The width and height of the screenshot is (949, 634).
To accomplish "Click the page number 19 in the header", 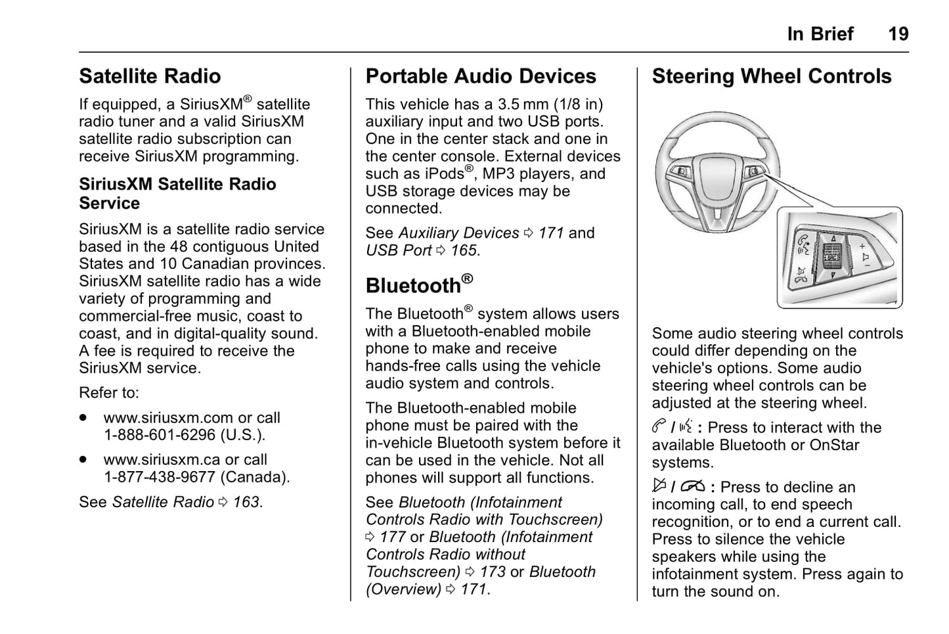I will pos(898,34).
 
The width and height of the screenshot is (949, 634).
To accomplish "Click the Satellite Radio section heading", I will pos(150,76).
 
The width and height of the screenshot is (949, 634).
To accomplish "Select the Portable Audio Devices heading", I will pos(481,76).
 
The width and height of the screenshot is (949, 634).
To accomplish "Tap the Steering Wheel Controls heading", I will pos(772,76).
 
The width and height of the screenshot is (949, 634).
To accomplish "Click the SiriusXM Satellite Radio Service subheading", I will pos(177,193).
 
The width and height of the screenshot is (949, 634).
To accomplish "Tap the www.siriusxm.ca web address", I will pos(162,460).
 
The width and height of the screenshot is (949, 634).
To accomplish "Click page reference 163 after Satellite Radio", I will pos(246,502).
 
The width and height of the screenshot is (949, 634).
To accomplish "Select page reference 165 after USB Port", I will pos(464,250).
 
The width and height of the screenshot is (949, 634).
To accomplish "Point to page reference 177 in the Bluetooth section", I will pos(393,537).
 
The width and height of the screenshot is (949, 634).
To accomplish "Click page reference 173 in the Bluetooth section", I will pos(493,572).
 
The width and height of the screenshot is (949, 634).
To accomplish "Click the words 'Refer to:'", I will pos(109,393).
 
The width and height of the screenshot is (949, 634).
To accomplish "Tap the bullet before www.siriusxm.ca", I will pos(83,460).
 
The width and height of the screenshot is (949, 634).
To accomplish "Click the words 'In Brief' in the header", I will pos(820,34).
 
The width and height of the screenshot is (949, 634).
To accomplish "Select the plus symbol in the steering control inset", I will pos(862,246).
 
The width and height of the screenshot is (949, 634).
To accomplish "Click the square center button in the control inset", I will pos(832,254).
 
